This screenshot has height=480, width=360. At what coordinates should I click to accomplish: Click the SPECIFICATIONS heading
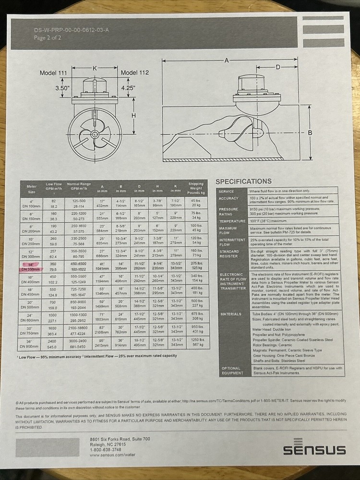pyautogui.click(x=243, y=181)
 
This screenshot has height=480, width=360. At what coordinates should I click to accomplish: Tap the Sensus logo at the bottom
pyautogui.click(x=314, y=449)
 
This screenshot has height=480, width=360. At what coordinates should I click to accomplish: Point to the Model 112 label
pyautogui.click(x=135, y=72)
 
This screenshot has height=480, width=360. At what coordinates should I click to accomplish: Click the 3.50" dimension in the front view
pyautogui.click(x=62, y=88)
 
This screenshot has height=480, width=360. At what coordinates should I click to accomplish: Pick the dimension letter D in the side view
pyautogui.click(x=278, y=67)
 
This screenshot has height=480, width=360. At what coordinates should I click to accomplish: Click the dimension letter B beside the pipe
pyautogui.click(x=310, y=132)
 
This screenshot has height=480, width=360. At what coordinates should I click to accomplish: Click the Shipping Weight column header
pyautogui.click(x=195, y=188)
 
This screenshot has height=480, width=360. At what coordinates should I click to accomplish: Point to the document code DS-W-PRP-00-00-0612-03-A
pyautogui.click(x=72, y=30)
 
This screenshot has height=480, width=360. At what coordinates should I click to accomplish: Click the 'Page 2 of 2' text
pyautogui.click(x=48, y=38)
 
